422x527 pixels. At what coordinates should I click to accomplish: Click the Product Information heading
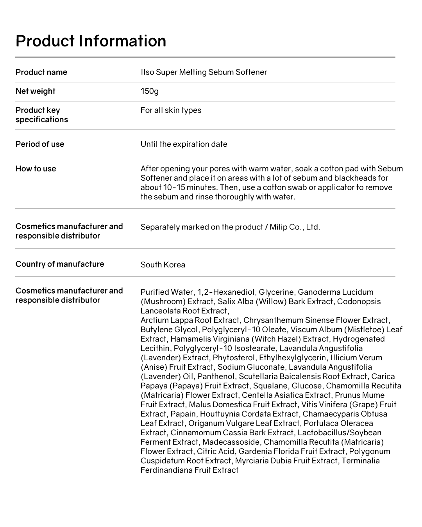pyautogui.click(x=91, y=41)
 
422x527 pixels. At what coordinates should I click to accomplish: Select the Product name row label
pyautogui.click(x=41, y=72)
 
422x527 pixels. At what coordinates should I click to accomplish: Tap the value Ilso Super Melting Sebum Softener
pyautogui.click(x=204, y=72)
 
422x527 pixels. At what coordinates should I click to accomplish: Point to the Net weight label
pyautogui.click(x=36, y=91)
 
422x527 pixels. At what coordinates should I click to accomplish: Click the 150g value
pyautogui.click(x=150, y=91)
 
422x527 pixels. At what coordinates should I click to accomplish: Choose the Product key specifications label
pyautogui.click(x=42, y=115)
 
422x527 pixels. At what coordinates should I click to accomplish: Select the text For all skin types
pyautogui.click(x=171, y=110)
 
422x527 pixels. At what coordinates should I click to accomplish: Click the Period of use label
pyautogui.click(x=40, y=144)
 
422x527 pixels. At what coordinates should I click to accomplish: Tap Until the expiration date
pyautogui.click(x=184, y=144)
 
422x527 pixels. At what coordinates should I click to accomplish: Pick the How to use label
pyautogui.click(x=36, y=169)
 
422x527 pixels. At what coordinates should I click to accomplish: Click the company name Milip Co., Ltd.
pyautogui.click(x=295, y=227)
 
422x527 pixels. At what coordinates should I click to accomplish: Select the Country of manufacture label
pyautogui.click(x=60, y=264)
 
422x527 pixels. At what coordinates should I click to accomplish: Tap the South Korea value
pyautogui.click(x=163, y=265)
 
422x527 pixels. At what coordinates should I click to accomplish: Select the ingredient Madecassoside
pyautogui.click(x=231, y=442)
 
